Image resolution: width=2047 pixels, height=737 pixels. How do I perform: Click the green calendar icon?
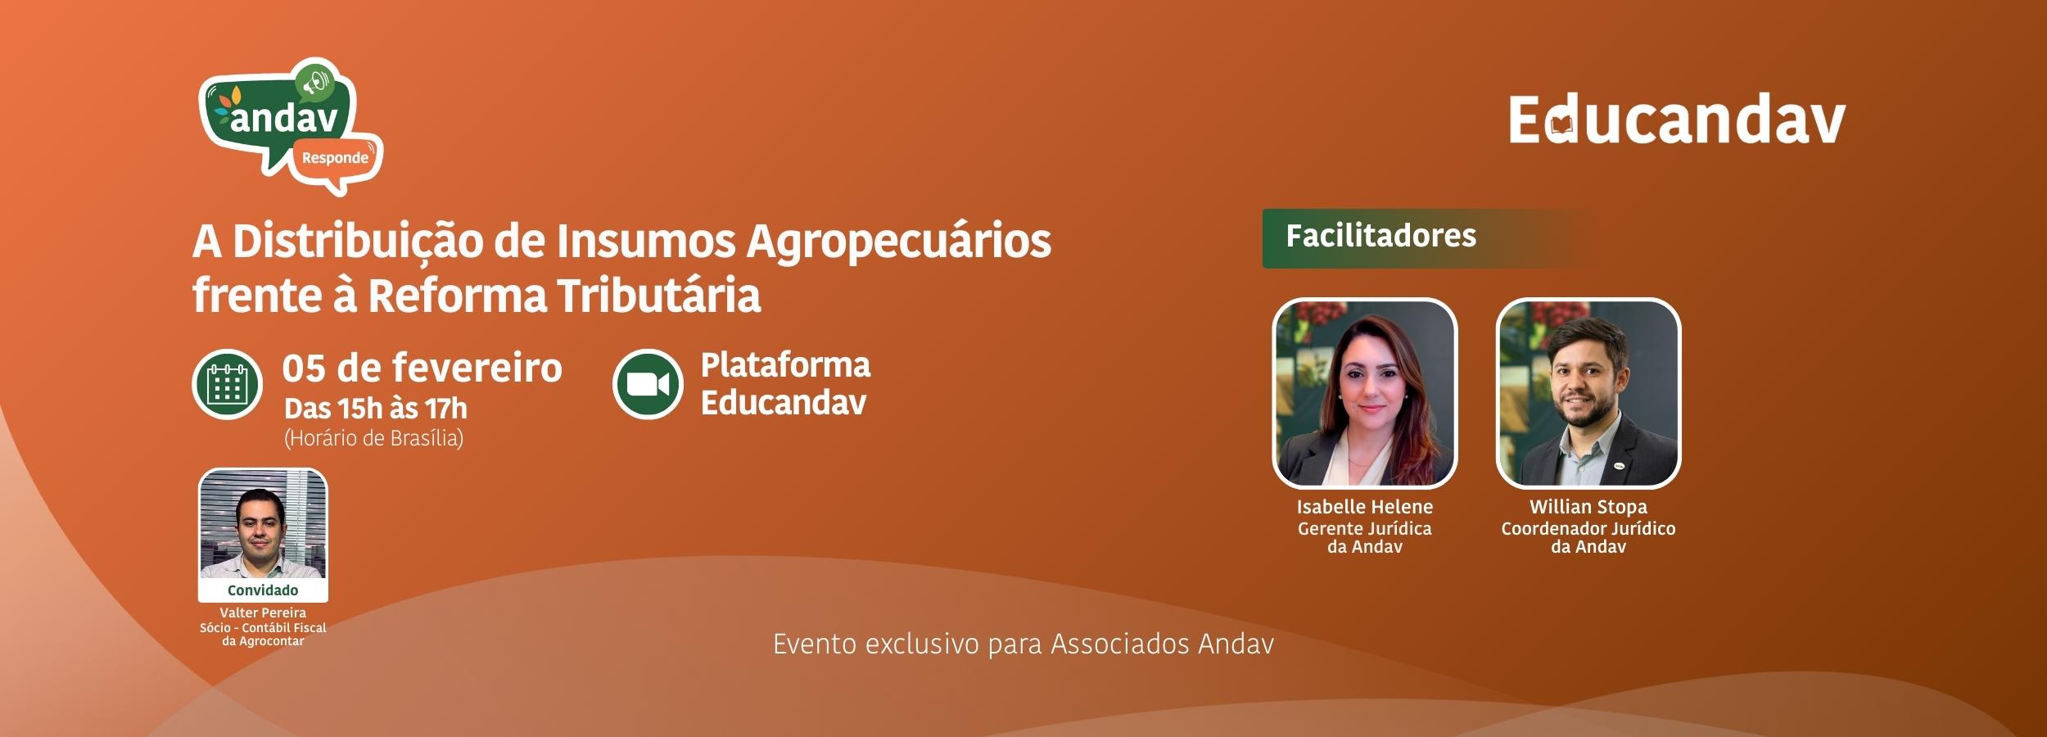[x=228, y=384]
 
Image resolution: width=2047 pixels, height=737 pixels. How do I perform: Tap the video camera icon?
[x=648, y=384]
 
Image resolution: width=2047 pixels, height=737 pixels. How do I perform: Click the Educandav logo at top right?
[x=1677, y=120]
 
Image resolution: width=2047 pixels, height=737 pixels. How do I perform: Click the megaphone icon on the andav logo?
[x=315, y=83]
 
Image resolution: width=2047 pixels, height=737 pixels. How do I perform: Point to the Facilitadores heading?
[x=1380, y=237]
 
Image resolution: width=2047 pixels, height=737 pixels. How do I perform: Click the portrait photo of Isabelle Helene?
[x=1365, y=393]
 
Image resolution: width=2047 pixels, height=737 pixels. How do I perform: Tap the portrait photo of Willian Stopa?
[x=1588, y=393]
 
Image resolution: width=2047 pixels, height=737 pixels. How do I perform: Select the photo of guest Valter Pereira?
[x=263, y=524]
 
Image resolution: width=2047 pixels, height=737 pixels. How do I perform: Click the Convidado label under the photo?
[x=263, y=590]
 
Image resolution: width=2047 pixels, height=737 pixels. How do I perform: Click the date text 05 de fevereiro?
[x=423, y=368]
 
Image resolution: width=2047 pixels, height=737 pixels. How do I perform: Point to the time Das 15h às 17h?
[x=376, y=408]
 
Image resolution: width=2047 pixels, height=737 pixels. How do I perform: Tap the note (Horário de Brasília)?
[x=374, y=439]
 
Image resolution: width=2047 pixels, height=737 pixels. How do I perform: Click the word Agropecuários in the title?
[x=898, y=243]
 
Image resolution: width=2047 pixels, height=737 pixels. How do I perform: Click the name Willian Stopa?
[x=1588, y=507]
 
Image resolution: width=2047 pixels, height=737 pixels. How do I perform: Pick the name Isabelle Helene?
[x=1365, y=507]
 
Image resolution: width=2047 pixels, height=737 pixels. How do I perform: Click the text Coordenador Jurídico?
[x=1588, y=529]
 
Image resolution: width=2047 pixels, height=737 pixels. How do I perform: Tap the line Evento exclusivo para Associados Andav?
[x=1023, y=644]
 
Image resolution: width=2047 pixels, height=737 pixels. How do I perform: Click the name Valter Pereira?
[x=263, y=613]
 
